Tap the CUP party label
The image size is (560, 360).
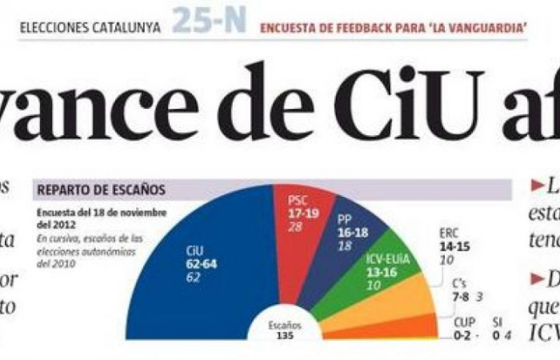click(463, 322)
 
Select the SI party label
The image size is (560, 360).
click(497, 322)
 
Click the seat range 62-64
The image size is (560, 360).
click(201, 264)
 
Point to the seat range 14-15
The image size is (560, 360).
click(454, 246)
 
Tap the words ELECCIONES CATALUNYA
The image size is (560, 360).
click(90, 27)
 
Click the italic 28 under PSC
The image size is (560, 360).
click(295, 228)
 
